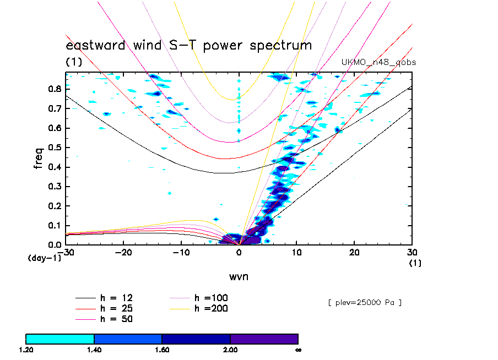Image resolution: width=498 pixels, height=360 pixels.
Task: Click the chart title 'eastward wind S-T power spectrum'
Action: click(189, 46)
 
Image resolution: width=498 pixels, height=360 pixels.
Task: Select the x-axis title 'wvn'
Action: click(239, 276)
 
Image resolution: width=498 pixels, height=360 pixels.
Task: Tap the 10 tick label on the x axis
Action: click(296, 252)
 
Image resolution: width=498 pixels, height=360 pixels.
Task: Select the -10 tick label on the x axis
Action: click(181, 252)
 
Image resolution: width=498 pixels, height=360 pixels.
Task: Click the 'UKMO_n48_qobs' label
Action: click(378, 62)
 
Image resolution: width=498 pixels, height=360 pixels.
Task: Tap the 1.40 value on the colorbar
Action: click(94, 349)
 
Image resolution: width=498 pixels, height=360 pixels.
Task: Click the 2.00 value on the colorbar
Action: click(230, 349)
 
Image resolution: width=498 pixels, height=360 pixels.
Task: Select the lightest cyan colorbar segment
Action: click(60, 339)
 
